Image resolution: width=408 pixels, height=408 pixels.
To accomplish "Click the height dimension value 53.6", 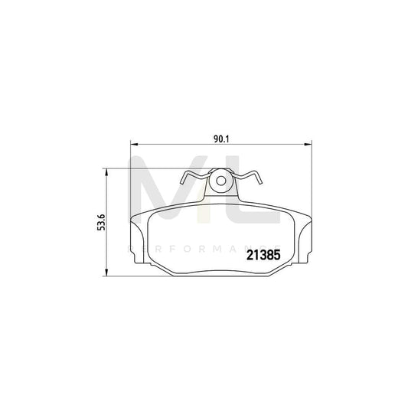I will (x=100, y=223).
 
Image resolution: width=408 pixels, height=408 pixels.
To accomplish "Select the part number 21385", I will (x=261, y=259).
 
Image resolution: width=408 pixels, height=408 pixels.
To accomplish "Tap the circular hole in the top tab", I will (x=221, y=183).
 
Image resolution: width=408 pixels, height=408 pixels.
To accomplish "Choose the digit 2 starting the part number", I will (x=248, y=259).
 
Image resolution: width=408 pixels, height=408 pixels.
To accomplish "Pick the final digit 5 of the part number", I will (x=274, y=259).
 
